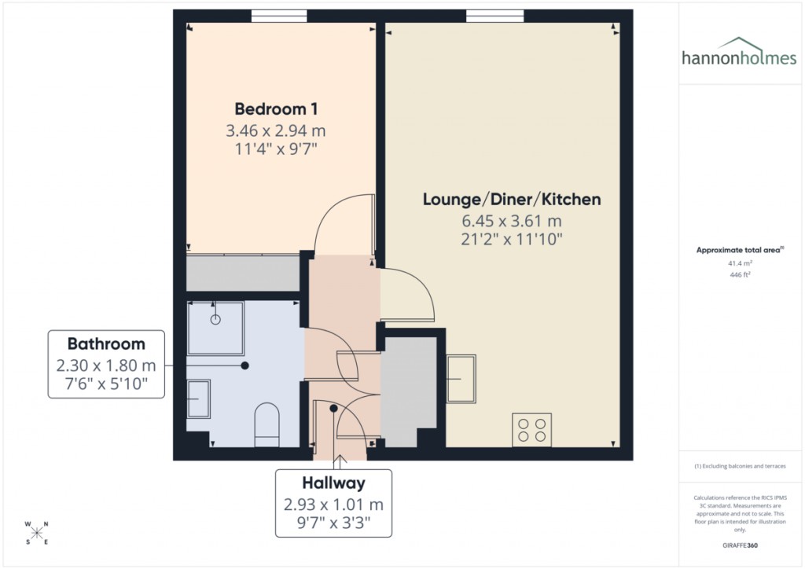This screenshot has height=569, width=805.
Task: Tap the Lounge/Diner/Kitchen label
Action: [x=512, y=200]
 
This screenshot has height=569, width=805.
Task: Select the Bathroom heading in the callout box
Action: [x=106, y=343]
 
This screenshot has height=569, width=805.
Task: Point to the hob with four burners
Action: [x=531, y=429]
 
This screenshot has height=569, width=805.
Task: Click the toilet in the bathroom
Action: [x=267, y=424]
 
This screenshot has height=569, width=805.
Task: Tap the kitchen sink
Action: [x=461, y=378]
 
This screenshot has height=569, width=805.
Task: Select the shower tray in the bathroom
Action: [x=215, y=323]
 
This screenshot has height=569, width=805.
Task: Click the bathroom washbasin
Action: [x=199, y=399]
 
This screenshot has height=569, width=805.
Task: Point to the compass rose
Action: [x=38, y=532]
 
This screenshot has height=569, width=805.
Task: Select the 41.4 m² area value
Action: [x=739, y=264]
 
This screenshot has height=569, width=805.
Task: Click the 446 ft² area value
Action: [x=739, y=275]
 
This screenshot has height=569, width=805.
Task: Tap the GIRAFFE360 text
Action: [x=740, y=545]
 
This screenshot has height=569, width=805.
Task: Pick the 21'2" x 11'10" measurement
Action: [x=512, y=238]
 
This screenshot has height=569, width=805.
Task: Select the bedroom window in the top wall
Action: [x=279, y=15]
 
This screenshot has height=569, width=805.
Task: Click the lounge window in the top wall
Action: [x=494, y=15]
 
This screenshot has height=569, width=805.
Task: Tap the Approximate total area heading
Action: [x=739, y=250]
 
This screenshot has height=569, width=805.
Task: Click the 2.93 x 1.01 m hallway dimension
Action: [x=333, y=504]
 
